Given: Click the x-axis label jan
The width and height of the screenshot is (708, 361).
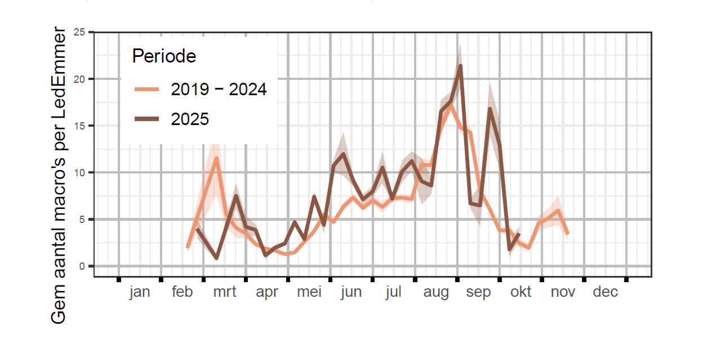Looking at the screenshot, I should tap(140, 292).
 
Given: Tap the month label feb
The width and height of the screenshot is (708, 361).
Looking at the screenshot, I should tap(182, 292).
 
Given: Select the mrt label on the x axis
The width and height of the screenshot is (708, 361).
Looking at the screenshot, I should tap(224, 292).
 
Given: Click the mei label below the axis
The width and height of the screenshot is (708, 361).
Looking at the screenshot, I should tap(309, 292).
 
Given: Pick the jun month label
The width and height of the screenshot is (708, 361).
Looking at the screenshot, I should tap(351, 292).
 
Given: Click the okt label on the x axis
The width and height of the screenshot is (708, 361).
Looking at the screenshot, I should tap(520, 292).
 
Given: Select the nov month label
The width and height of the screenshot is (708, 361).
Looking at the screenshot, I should tap(563, 292).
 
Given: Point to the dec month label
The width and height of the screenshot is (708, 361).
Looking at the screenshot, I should tap(605, 292).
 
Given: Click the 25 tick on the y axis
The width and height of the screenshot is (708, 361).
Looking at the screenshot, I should tap(79, 32).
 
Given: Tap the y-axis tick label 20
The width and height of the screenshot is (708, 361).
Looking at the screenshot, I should tap(79, 79).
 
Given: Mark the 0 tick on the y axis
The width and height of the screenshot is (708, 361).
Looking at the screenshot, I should tap(82, 266).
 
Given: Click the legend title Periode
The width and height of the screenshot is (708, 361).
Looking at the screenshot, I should tap(163, 56).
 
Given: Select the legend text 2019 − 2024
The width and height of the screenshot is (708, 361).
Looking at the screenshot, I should tap(219, 89).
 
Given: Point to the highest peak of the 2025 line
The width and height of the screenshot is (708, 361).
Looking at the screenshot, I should tap(460, 66).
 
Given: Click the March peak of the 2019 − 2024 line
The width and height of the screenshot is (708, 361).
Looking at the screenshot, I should tap(216, 158).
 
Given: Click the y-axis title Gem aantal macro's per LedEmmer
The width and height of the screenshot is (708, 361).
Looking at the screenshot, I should tap(59, 175).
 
